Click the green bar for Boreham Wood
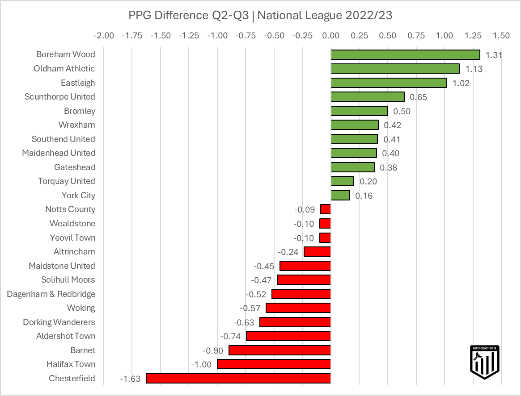click(x=405, y=54)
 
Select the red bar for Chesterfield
click(x=238, y=379)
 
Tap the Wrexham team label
click(x=76, y=125)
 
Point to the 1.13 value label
click(x=474, y=69)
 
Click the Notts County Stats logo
click(x=485, y=362)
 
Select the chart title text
click(x=260, y=15)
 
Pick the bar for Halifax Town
click(x=274, y=364)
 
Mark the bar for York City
click(x=340, y=195)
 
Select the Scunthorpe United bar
click(x=368, y=97)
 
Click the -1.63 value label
click(x=130, y=379)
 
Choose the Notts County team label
click(x=70, y=209)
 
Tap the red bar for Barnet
click(x=280, y=350)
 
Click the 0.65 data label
click(x=419, y=97)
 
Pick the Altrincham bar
click(x=317, y=252)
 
